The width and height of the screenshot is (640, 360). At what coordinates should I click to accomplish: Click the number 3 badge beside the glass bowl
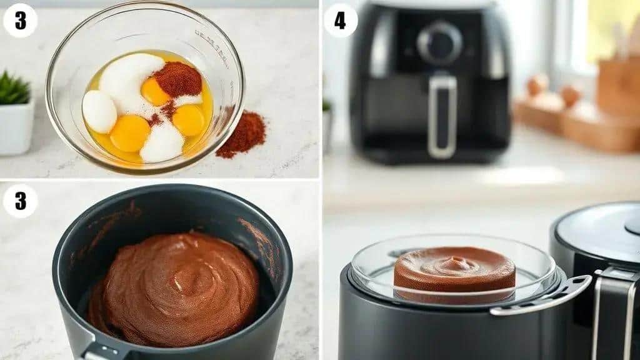tap(20, 21)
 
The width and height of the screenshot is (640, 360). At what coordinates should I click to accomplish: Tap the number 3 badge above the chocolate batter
tap(20, 201)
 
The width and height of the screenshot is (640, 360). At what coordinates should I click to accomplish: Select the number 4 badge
tap(341, 21)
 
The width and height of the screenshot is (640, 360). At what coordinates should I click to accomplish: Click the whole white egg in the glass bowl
tap(99, 111)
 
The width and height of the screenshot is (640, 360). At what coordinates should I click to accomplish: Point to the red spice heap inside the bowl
tap(178, 79)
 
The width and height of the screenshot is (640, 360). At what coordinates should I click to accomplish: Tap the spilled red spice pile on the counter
tap(242, 135)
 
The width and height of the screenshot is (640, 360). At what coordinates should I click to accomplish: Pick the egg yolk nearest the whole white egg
tap(130, 133)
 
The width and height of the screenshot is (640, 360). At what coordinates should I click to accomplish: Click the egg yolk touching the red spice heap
tap(154, 91)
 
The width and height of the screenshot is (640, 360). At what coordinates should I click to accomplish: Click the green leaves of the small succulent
tap(14, 87)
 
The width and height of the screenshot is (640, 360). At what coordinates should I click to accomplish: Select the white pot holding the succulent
tap(16, 126)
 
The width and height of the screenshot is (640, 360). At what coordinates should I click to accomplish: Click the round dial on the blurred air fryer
tap(439, 44)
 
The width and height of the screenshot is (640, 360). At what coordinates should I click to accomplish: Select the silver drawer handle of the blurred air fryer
tap(442, 117)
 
